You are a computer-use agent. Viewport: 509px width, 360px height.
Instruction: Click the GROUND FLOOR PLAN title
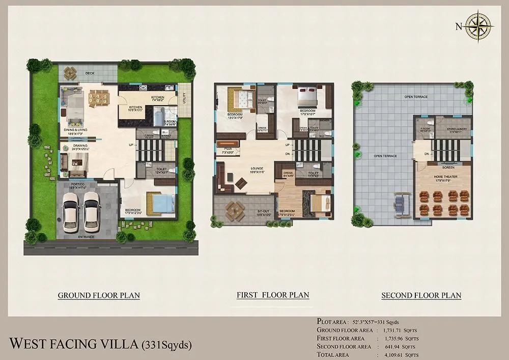[x=99, y=295]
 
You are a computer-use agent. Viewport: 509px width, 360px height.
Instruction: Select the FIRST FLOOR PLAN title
[x=273, y=295]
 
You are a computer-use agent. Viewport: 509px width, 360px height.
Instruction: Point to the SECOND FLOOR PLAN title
[x=421, y=295]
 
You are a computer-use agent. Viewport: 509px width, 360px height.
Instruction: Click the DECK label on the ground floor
[x=90, y=73]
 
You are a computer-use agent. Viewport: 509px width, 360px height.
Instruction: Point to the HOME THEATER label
[x=442, y=176]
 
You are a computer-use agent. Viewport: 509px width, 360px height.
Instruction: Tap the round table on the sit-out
[x=235, y=209]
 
